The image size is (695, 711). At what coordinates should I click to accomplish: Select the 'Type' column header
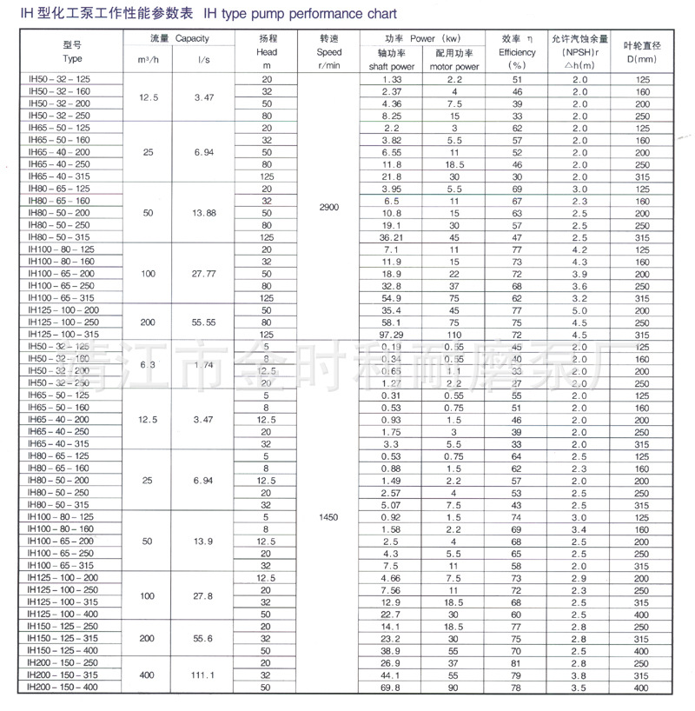(x=73, y=58)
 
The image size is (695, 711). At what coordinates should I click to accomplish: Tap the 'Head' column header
(x=267, y=52)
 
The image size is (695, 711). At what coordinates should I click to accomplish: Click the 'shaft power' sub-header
(x=391, y=66)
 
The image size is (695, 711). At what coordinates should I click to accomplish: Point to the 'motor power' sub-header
(x=454, y=66)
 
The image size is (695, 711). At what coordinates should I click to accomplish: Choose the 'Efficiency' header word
(x=518, y=52)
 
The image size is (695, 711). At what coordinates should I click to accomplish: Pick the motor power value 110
(x=454, y=334)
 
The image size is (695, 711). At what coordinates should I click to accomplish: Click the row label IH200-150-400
(x=63, y=687)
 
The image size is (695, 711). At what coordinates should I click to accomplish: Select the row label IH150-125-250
(x=63, y=626)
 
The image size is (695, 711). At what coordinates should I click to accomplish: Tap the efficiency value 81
(x=518, y=662)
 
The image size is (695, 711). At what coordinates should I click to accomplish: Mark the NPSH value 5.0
(x=577, y=309)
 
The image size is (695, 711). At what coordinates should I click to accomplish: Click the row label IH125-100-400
(x=63, y=614)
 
